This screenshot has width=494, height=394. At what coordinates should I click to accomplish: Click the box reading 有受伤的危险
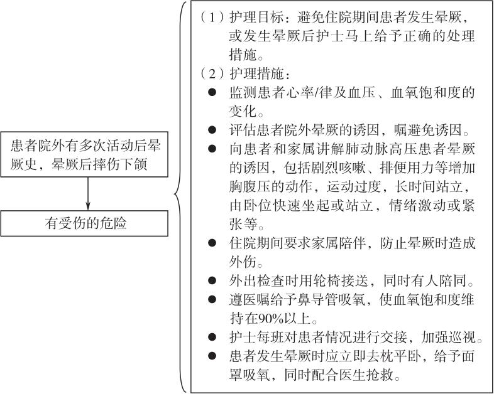[x=84, y=223]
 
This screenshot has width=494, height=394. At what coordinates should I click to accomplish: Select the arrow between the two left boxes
[x=88, y=194]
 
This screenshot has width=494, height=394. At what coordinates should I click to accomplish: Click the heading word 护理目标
[x=256, y=18]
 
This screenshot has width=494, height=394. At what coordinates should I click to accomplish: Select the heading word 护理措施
[x=256, y=74]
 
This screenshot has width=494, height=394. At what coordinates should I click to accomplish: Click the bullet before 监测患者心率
[x=212, y=93]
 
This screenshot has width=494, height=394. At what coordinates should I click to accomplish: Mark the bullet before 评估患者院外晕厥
[x=212, y=130]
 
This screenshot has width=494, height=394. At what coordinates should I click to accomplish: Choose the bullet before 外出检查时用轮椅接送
[x=212, y=280]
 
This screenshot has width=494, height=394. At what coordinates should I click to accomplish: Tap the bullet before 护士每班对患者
[x=212, y=338]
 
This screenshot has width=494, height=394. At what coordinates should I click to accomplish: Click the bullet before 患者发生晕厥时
[x=212, y=356]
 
